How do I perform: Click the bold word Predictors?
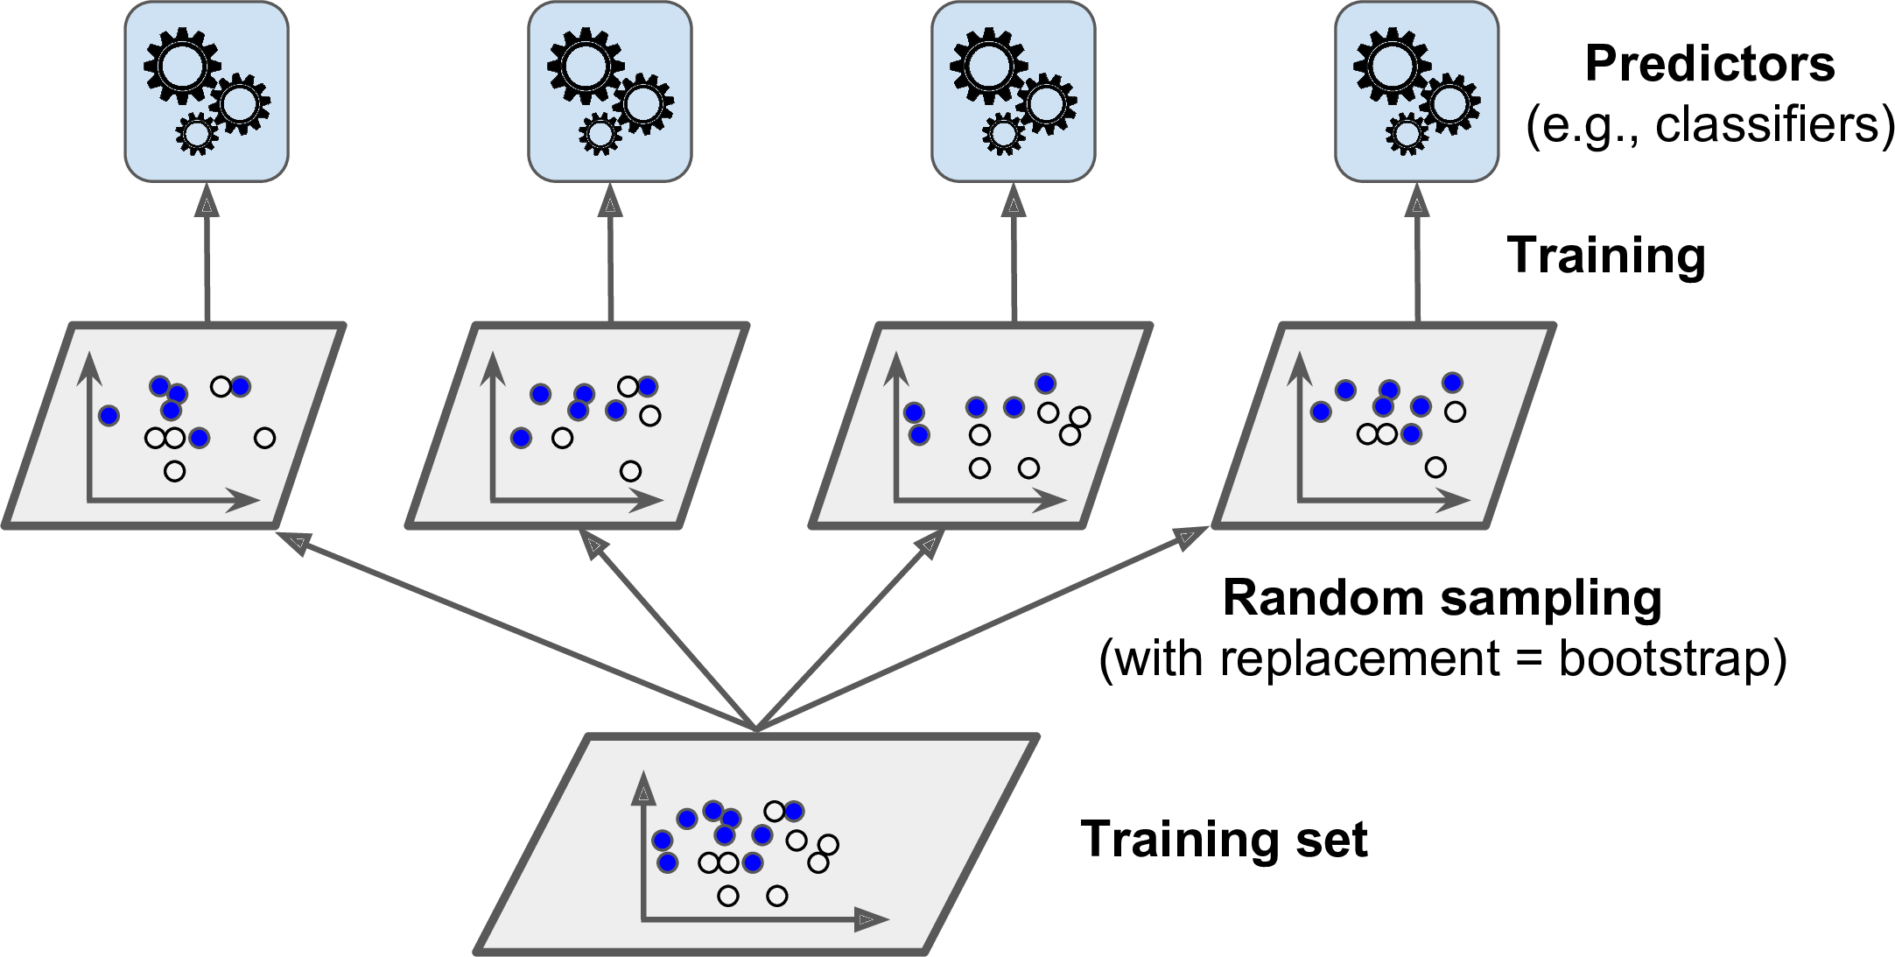[x=1709, y=64]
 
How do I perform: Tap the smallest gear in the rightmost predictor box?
[x=1407, y=134]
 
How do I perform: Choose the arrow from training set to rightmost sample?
[x=980, y=627]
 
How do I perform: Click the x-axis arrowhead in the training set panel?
[x=872, y=919]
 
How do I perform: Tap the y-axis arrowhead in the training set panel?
[x=643, y=790]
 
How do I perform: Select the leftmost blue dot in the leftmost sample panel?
[x=109, y=416]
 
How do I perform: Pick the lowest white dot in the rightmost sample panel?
[x=1435, y=468]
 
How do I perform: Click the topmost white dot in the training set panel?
[x=774, y=811]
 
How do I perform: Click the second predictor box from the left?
[x=609, y=92]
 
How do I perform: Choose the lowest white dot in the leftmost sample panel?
[x=175, y=471]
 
